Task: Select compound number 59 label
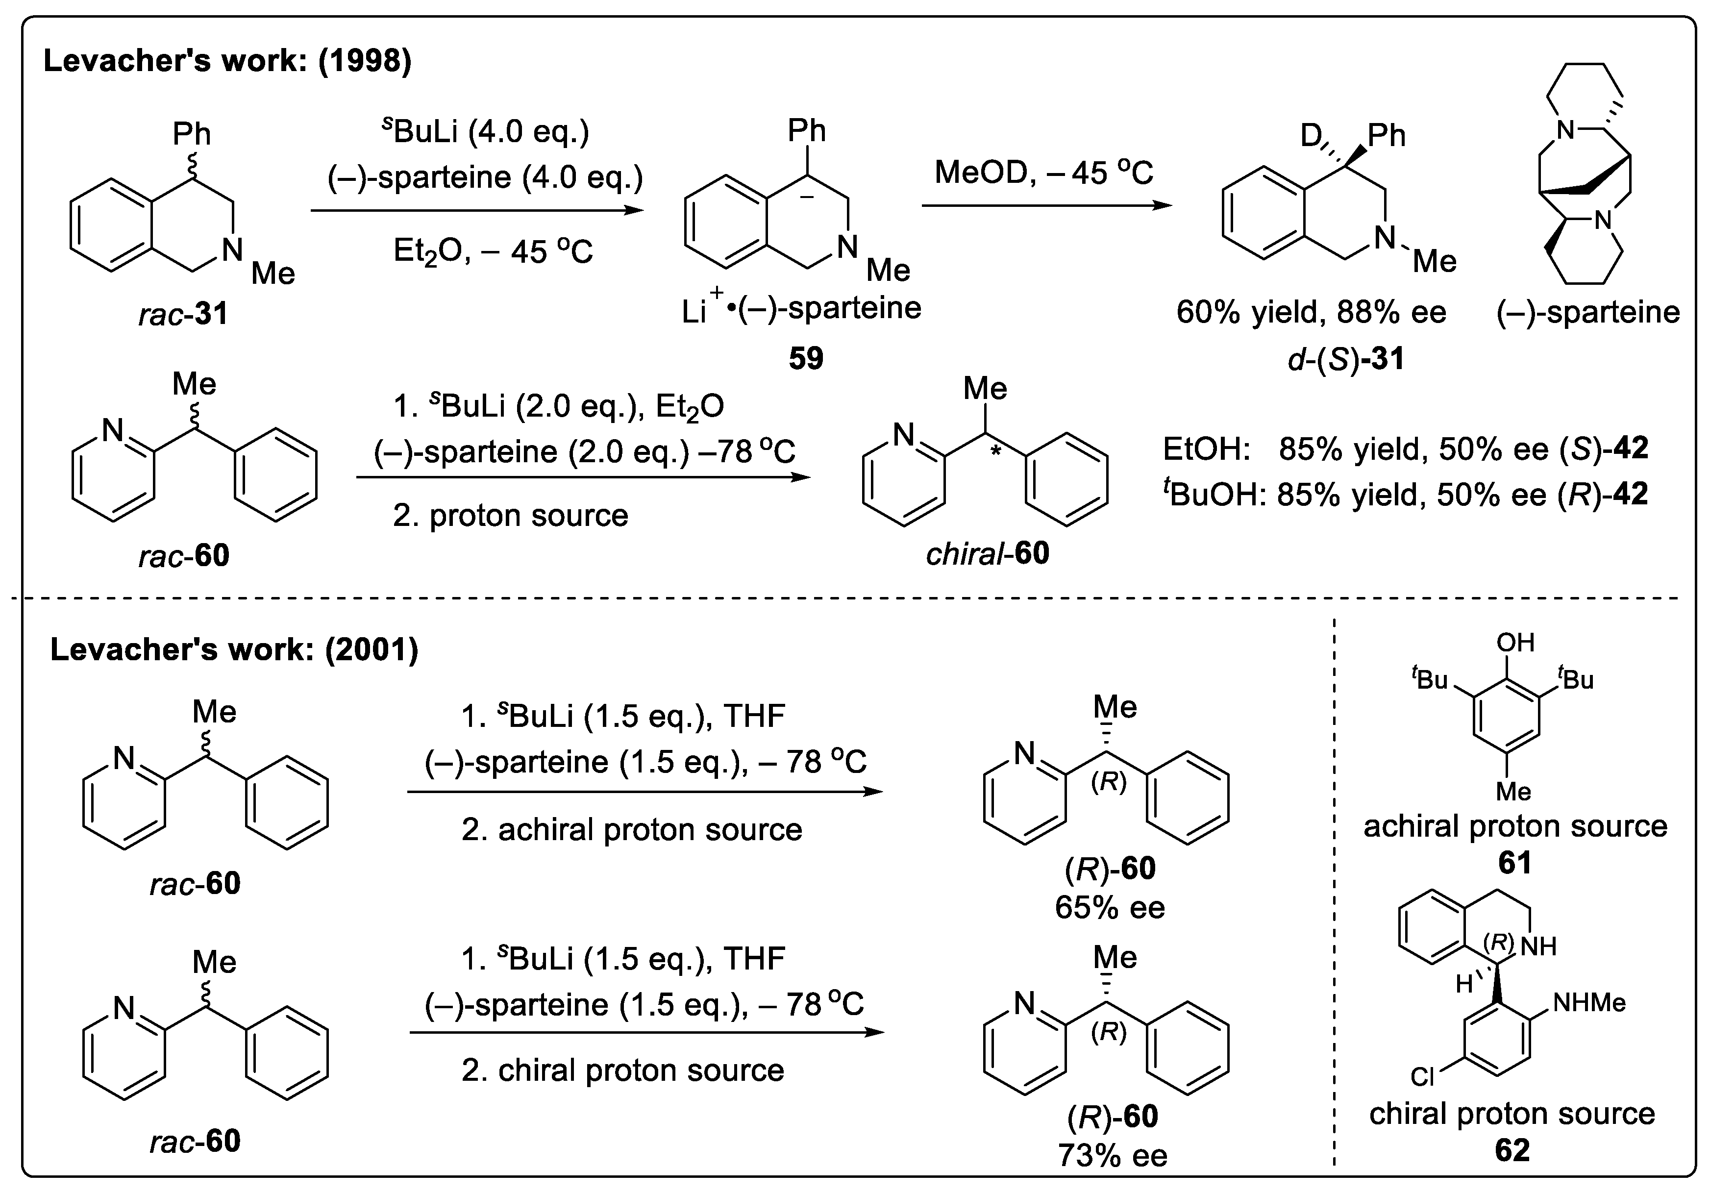coord(806,358)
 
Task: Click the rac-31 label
coord(183,314)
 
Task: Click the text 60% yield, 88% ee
coord(1311,312)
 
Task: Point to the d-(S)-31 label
coord(1346,359)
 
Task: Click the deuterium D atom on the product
coord(1310,136)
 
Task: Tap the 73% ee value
coord(1113,1156)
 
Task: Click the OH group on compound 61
coord(1515,642)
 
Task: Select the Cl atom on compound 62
coord(1422,1077)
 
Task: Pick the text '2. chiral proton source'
coord(622,1070)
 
